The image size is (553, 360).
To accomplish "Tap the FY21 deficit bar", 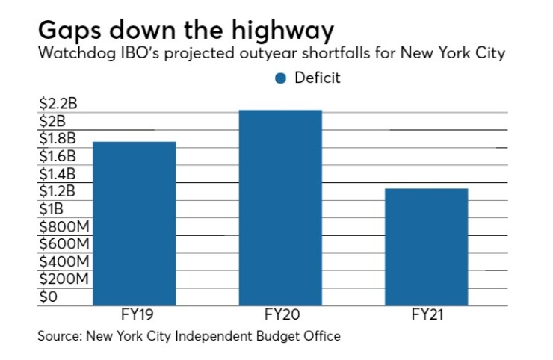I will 426,246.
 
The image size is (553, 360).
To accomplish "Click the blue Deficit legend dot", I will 281,78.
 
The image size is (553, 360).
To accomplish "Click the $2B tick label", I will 52,121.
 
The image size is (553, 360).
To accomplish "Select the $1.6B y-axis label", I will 56,156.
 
